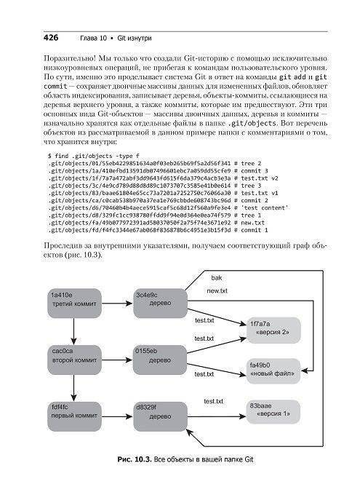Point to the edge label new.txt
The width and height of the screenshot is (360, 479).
217,290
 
